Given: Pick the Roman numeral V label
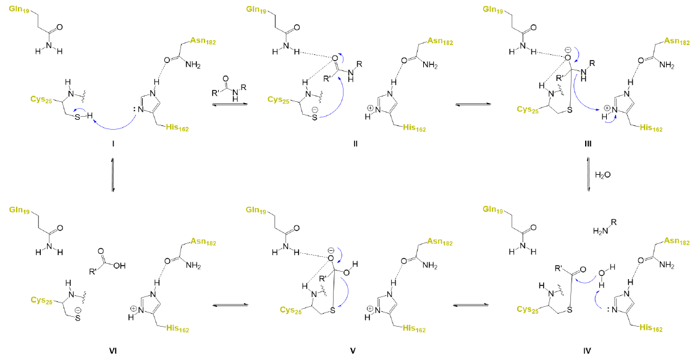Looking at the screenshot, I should [x=352, y=351].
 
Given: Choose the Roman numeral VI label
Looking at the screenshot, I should [x=113, y=351].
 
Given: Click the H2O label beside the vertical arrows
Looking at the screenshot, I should [x=602, y=175].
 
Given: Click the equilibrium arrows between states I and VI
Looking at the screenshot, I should [x=113, y=175].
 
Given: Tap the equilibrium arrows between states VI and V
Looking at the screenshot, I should [x=230, y=304].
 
